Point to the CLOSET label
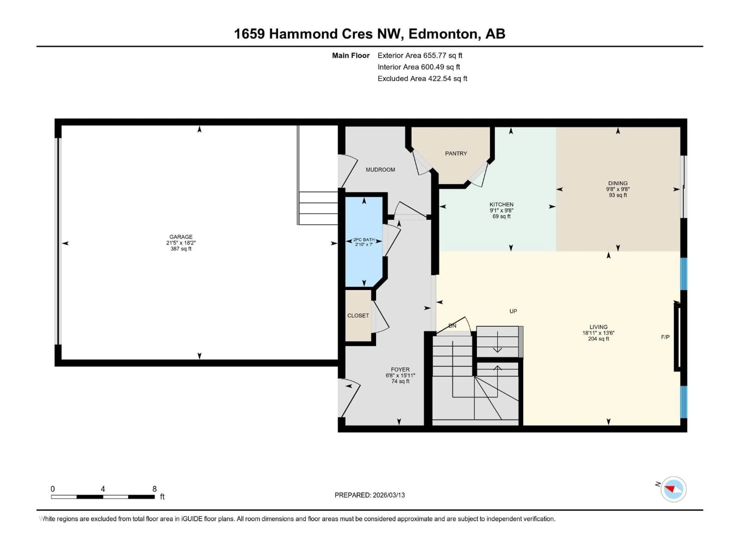tap(358, 315)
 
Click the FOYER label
tap(400, 369)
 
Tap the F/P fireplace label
tap(665, 337)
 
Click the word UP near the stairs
tap(513, 311)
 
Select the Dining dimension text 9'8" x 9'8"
tap(618, 189)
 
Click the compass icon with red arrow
tap(674, 489)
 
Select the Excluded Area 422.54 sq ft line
tap(422, 79)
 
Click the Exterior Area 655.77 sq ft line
tap(420, 55)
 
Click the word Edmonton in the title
tap(443, 34)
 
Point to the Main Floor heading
tap(351, 55)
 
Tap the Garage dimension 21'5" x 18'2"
tap(181, 243)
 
